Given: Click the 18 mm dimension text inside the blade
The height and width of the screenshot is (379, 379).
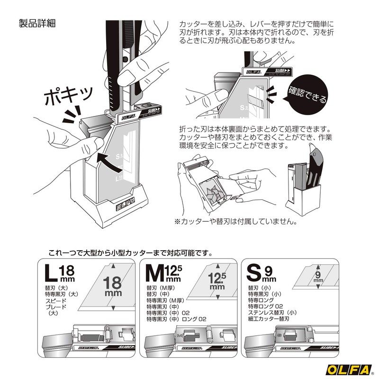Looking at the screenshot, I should click(x=113, y=286).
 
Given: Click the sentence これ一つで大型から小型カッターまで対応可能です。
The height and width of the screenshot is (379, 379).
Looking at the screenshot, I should click(x=127, y=253).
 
